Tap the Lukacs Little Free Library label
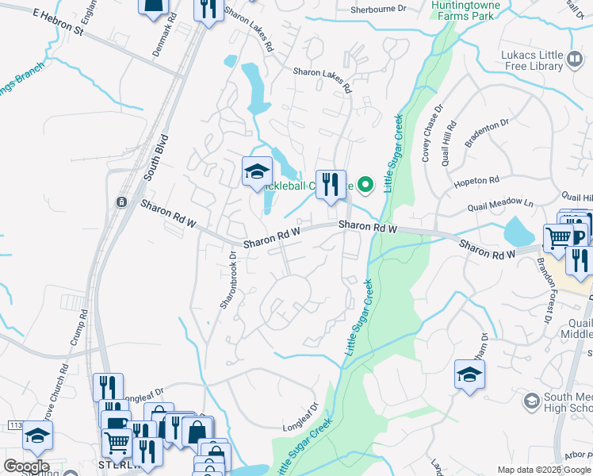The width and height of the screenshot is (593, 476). click(543, 59)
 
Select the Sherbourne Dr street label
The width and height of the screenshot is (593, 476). click(379, 10)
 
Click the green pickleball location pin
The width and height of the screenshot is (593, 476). click(365, 185)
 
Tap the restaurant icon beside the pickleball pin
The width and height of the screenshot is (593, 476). click(331, 185)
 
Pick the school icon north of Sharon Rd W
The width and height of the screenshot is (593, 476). click(257, 172)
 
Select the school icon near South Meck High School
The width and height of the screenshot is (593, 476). click(469, 374)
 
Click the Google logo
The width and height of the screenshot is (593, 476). click(26, 466)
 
